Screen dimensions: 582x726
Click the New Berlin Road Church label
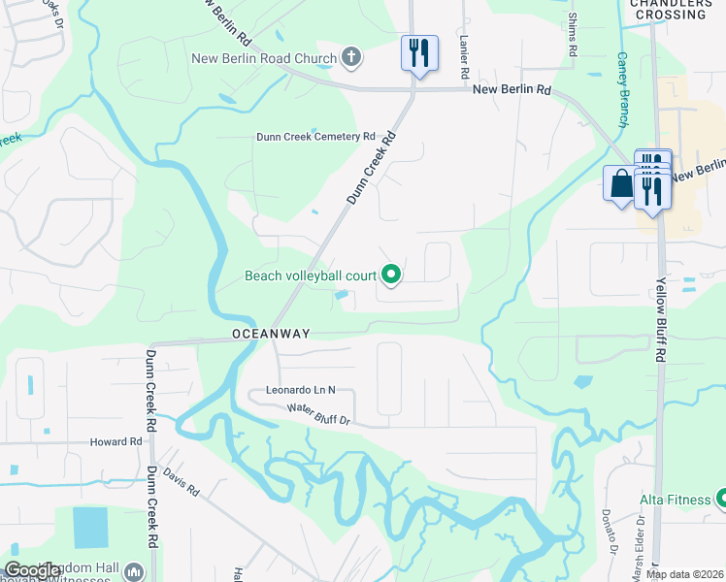(263, 58)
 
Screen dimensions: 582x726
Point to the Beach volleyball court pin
(391, 276)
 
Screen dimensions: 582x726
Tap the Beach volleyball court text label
(310, 276)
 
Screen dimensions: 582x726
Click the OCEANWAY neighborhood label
(271, 334)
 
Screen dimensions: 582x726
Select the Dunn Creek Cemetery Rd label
(314, 137)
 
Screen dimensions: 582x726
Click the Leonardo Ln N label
(300, 390)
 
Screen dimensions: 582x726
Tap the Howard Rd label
(115, 442)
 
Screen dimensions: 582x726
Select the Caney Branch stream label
(622, 89)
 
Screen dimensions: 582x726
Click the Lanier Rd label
(465, 58)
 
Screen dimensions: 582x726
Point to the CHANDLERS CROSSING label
(670, 10)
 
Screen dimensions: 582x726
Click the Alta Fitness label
(675, 500)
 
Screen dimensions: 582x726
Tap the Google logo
(31, 570)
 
